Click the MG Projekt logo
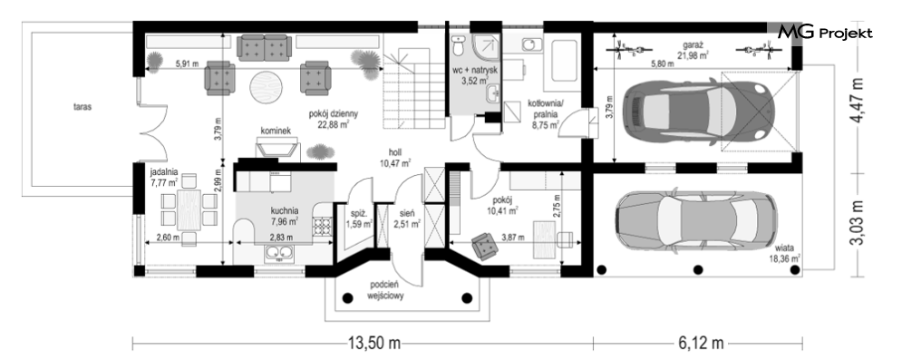pyautogui.click(x=825, y=34)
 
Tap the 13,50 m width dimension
pyautogui.click(x=373, y=344)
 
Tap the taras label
pyautogui.click(x=82, y=106)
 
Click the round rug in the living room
pyautogui.click(x=266, y=86)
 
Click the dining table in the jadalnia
pyautogui.click(x=189, y=210)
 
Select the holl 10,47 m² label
pyautogui.click(x=394, y=158)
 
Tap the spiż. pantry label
pyautogui.click(x=359, y=219)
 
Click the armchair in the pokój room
pyautogui.click(x=485, y=246)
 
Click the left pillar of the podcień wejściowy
pyautogui.click(x=347, y=298)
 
